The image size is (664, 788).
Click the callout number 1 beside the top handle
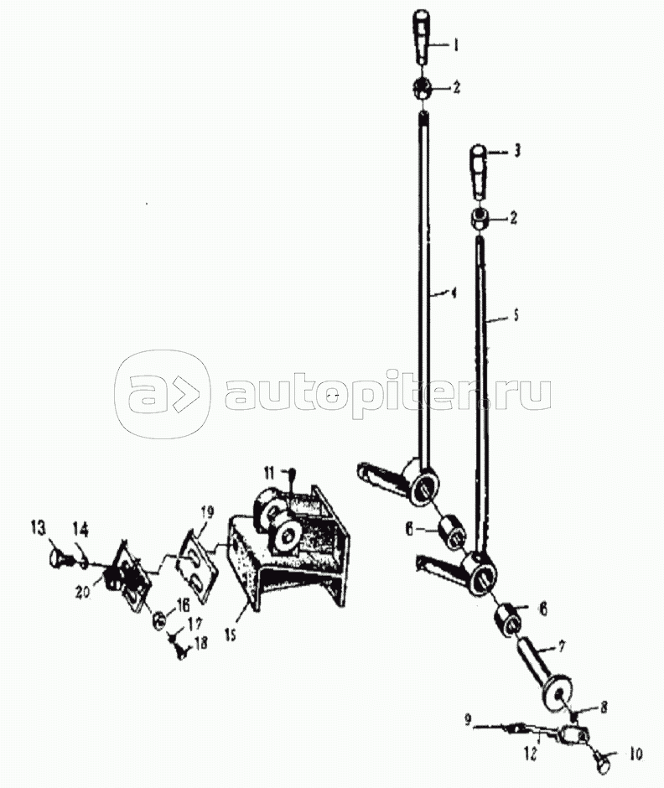click(456, 46)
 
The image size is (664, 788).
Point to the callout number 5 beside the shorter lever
click(516, 315)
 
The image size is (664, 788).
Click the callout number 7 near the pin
click(562, 645)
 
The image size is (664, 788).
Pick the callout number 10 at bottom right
click(635, 754)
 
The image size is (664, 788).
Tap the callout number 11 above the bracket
click(270, 473)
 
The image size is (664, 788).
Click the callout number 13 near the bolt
click(39, 528)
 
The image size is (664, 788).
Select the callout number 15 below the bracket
click(230, 635)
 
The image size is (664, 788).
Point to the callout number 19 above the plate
click(206, 512)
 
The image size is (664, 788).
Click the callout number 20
click(83, 592)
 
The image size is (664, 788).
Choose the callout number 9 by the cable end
click(468, 721)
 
